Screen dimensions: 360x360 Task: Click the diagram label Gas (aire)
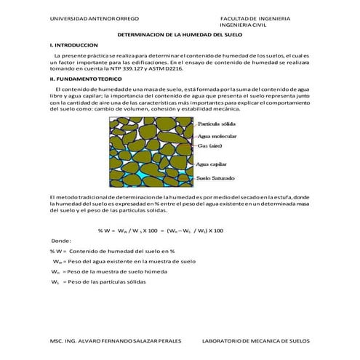pos(210,145)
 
